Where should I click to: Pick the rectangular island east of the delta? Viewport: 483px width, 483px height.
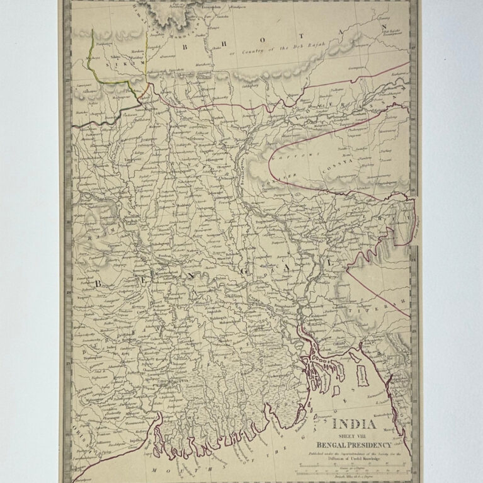(362, 378)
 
